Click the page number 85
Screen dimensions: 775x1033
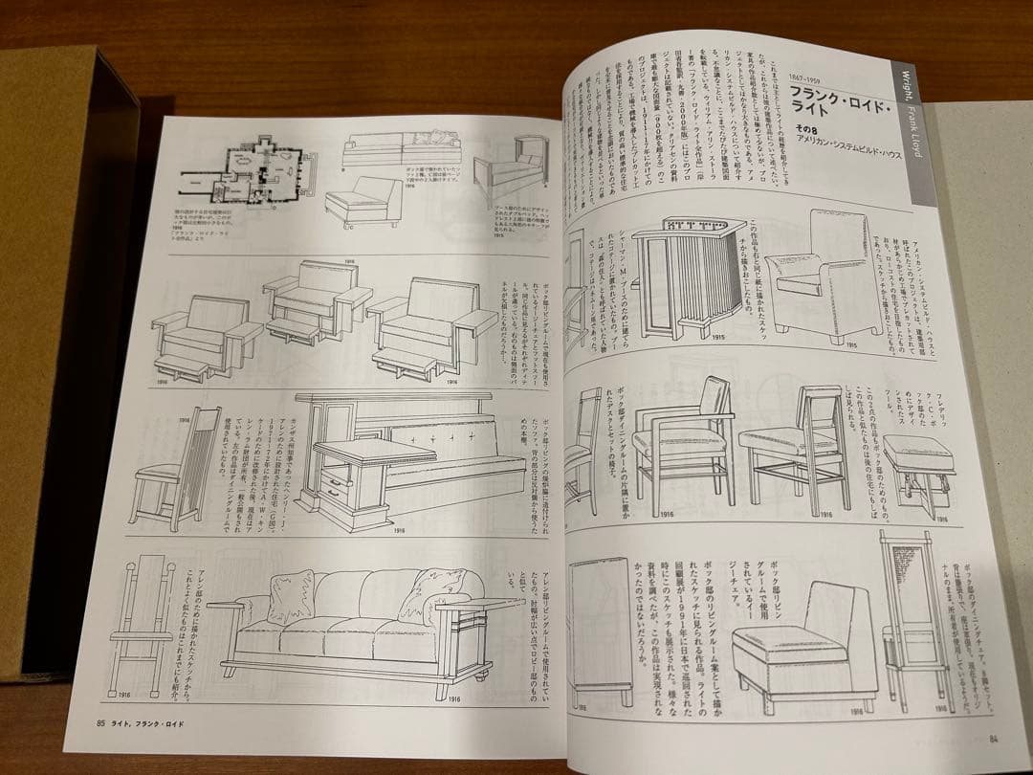tap(87, 722)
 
